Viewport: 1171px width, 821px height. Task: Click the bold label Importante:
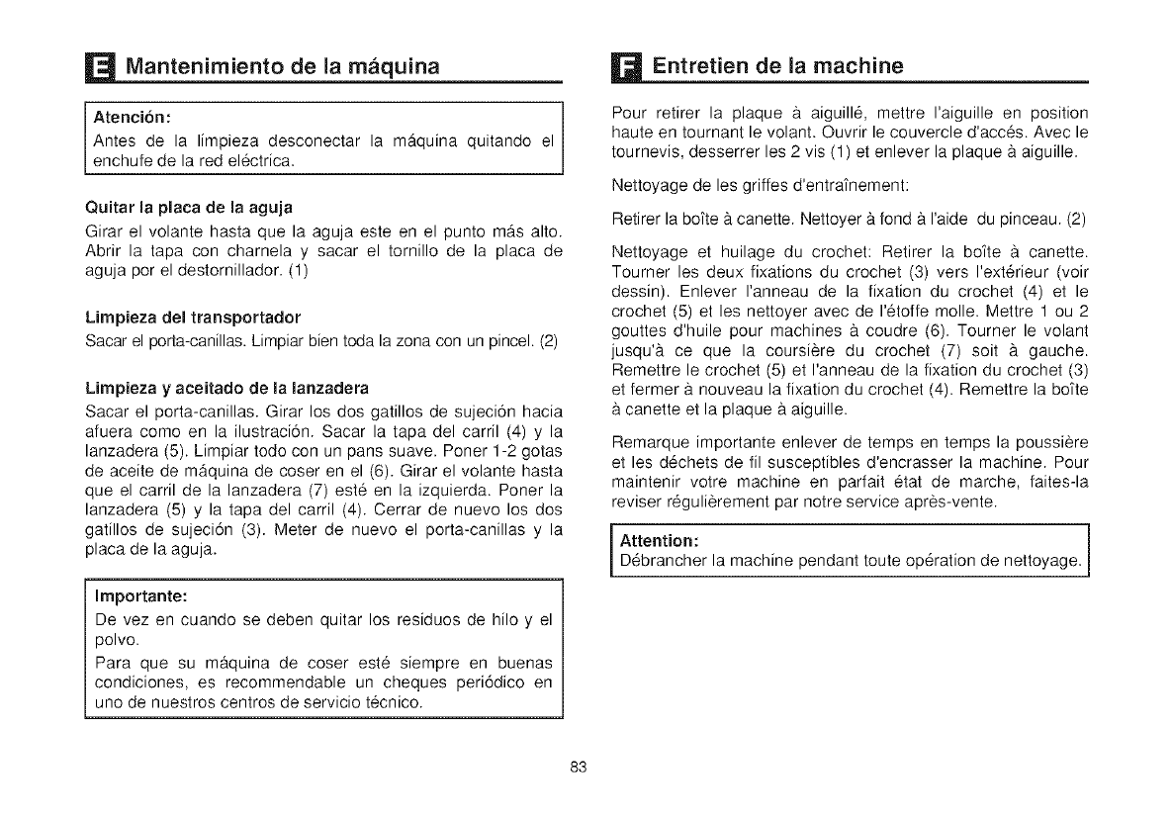click(139, 597)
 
